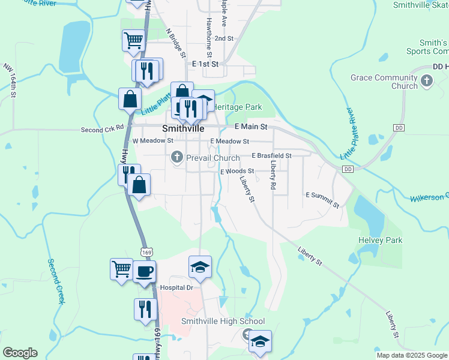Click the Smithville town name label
(x=183, y=129)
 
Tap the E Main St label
(x=250, y=127)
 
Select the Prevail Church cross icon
(x=176, y=158)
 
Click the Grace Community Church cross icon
(x=427, y=81)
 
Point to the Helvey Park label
(x=380, y=240)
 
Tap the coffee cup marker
(x=145, y=272)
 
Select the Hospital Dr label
(x=175, y=287)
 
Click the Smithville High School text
(x=223, y=321)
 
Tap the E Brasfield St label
(x=271, y=155)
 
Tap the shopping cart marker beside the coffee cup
(x=121, y=269)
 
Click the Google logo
(x=20, y=352)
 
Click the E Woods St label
(x=238, y=171)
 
